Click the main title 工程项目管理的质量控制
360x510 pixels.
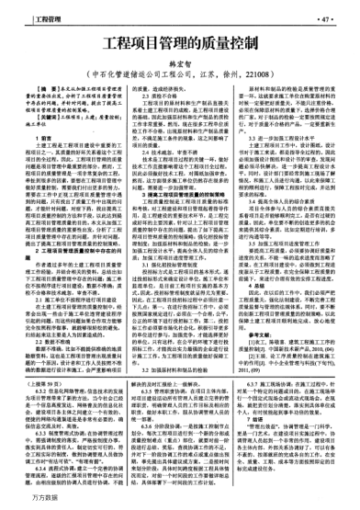pos(179,44)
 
